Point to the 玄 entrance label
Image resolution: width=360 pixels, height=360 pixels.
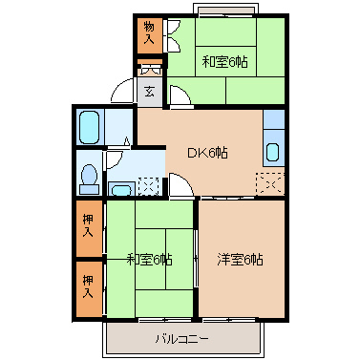[151, 93]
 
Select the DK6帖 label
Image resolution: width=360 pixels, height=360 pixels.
[206, 151]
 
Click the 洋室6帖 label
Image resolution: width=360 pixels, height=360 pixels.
[240, 259]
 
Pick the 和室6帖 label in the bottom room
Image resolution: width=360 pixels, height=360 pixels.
[149, 259]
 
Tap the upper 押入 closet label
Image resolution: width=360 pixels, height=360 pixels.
[88, 226]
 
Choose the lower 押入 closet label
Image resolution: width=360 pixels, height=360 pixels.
[88, 285]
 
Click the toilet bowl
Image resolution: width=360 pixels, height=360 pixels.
[89, 176]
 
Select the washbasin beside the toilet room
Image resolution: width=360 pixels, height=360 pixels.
[121, 187]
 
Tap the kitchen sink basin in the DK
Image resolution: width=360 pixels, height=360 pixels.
[272, 151]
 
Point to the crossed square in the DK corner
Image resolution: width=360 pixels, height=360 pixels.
[270, 180]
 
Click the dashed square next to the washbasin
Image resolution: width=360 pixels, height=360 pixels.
[149, 186]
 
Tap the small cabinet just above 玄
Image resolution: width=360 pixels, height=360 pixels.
[151, 70]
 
